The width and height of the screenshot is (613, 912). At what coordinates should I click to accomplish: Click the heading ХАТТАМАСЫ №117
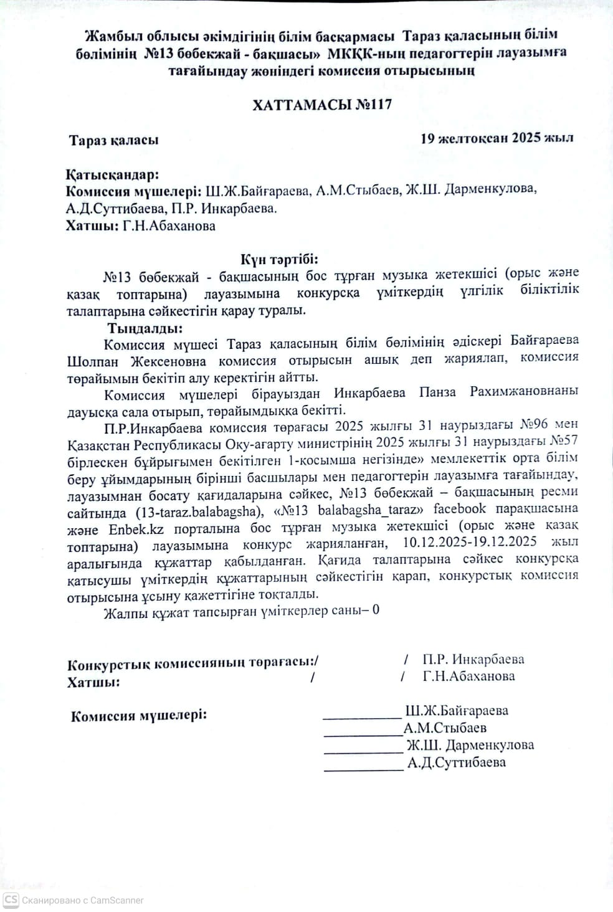coord(322,105)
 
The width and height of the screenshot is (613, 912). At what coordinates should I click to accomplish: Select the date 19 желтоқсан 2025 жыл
coord(497,138)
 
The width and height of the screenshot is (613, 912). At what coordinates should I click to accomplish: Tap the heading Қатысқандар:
coord(112,175)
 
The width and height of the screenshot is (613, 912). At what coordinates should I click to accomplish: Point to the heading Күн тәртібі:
coord(280,259)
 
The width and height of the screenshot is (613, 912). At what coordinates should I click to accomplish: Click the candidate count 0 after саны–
coord(376,610)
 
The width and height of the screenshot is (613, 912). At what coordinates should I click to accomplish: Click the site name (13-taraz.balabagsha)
coord(197,513)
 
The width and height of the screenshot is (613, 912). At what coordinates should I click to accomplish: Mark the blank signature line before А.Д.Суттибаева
coord(364,769)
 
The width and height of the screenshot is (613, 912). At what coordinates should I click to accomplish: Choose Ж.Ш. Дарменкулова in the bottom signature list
coord(470,745)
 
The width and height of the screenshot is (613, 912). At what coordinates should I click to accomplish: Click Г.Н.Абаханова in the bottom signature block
coord(468,676)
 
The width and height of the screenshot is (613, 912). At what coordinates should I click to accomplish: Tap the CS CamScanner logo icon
coord(11,900)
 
